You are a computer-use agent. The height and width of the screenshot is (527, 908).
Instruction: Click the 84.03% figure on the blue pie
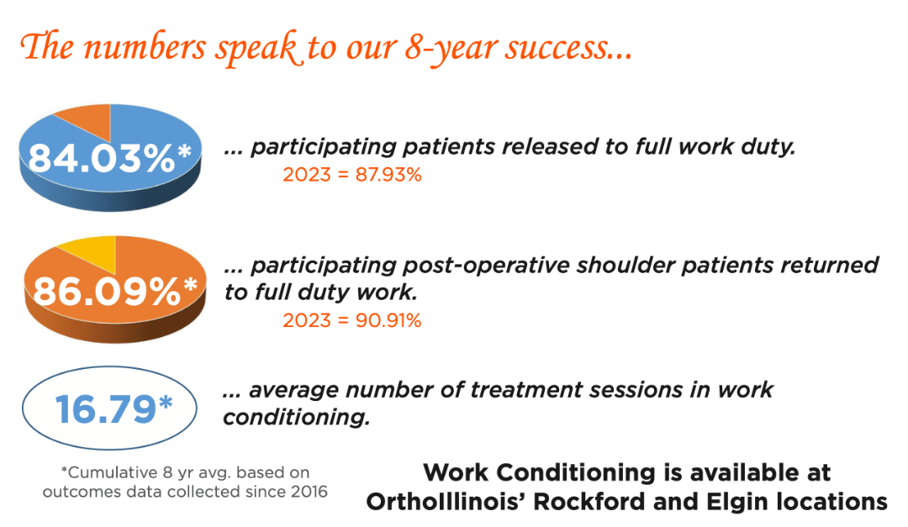tap(102, 158)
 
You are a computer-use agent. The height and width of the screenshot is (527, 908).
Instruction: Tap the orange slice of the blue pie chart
tap(90, 119)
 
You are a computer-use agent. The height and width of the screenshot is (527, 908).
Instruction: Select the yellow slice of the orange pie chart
tap(92, 252)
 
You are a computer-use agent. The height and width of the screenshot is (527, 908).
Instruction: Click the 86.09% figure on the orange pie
tap(107, 292)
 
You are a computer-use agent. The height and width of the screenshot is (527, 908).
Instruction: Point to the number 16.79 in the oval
tap(105, 409)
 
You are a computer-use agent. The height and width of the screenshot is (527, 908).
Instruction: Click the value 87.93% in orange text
tap(388, 175)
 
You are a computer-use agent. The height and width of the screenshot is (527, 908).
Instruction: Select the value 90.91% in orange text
tap(388, 321)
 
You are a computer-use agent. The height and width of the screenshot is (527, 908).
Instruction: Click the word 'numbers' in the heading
tap(145, 47)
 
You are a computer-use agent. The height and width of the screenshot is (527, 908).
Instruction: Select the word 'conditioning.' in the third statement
tap(297, 418)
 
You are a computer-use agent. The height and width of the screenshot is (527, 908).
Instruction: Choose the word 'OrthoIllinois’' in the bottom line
tap(446, 502)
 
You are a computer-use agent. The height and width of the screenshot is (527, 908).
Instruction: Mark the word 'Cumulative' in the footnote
tap(113, 472)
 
